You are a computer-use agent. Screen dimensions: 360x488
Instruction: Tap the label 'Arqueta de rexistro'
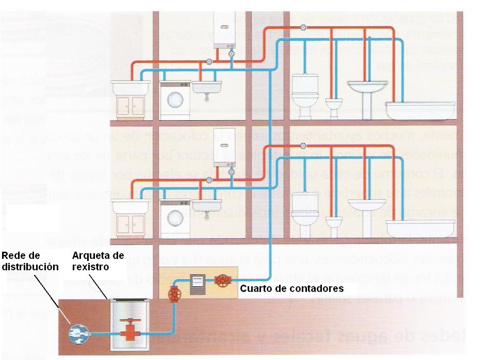pos(98,261)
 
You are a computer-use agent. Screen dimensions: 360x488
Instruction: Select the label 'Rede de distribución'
pos(29,261)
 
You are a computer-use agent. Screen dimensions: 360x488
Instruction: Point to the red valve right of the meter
pos(223,282)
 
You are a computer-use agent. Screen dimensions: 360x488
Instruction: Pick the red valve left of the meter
pos(174,294)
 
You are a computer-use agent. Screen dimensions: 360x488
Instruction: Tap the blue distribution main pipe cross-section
pos(78,334)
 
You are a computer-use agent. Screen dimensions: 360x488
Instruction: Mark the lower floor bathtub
pos(420,227)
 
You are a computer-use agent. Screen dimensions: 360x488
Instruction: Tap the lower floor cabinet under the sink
pos(130,223)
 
